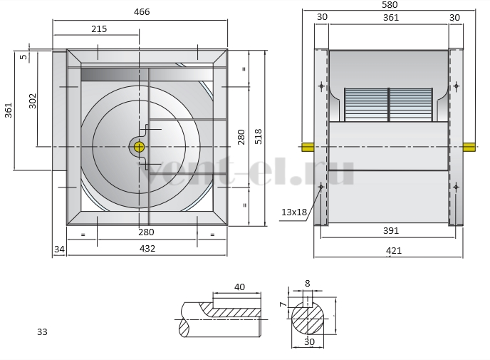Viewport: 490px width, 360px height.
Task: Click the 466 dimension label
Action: (142, 12)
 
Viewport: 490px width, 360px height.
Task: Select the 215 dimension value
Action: (99, 29)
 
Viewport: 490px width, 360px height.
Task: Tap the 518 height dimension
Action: (259, 136)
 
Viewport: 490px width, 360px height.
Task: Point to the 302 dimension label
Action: (33, 101)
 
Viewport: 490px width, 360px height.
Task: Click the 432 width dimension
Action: (147, 248)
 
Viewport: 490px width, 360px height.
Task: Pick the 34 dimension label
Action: (59, 250)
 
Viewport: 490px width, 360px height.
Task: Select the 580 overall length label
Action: (390, 5)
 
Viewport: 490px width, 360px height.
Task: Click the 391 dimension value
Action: (391, 231)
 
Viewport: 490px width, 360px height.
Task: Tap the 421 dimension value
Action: (394, 251)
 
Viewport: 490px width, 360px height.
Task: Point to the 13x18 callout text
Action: (294, 212)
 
